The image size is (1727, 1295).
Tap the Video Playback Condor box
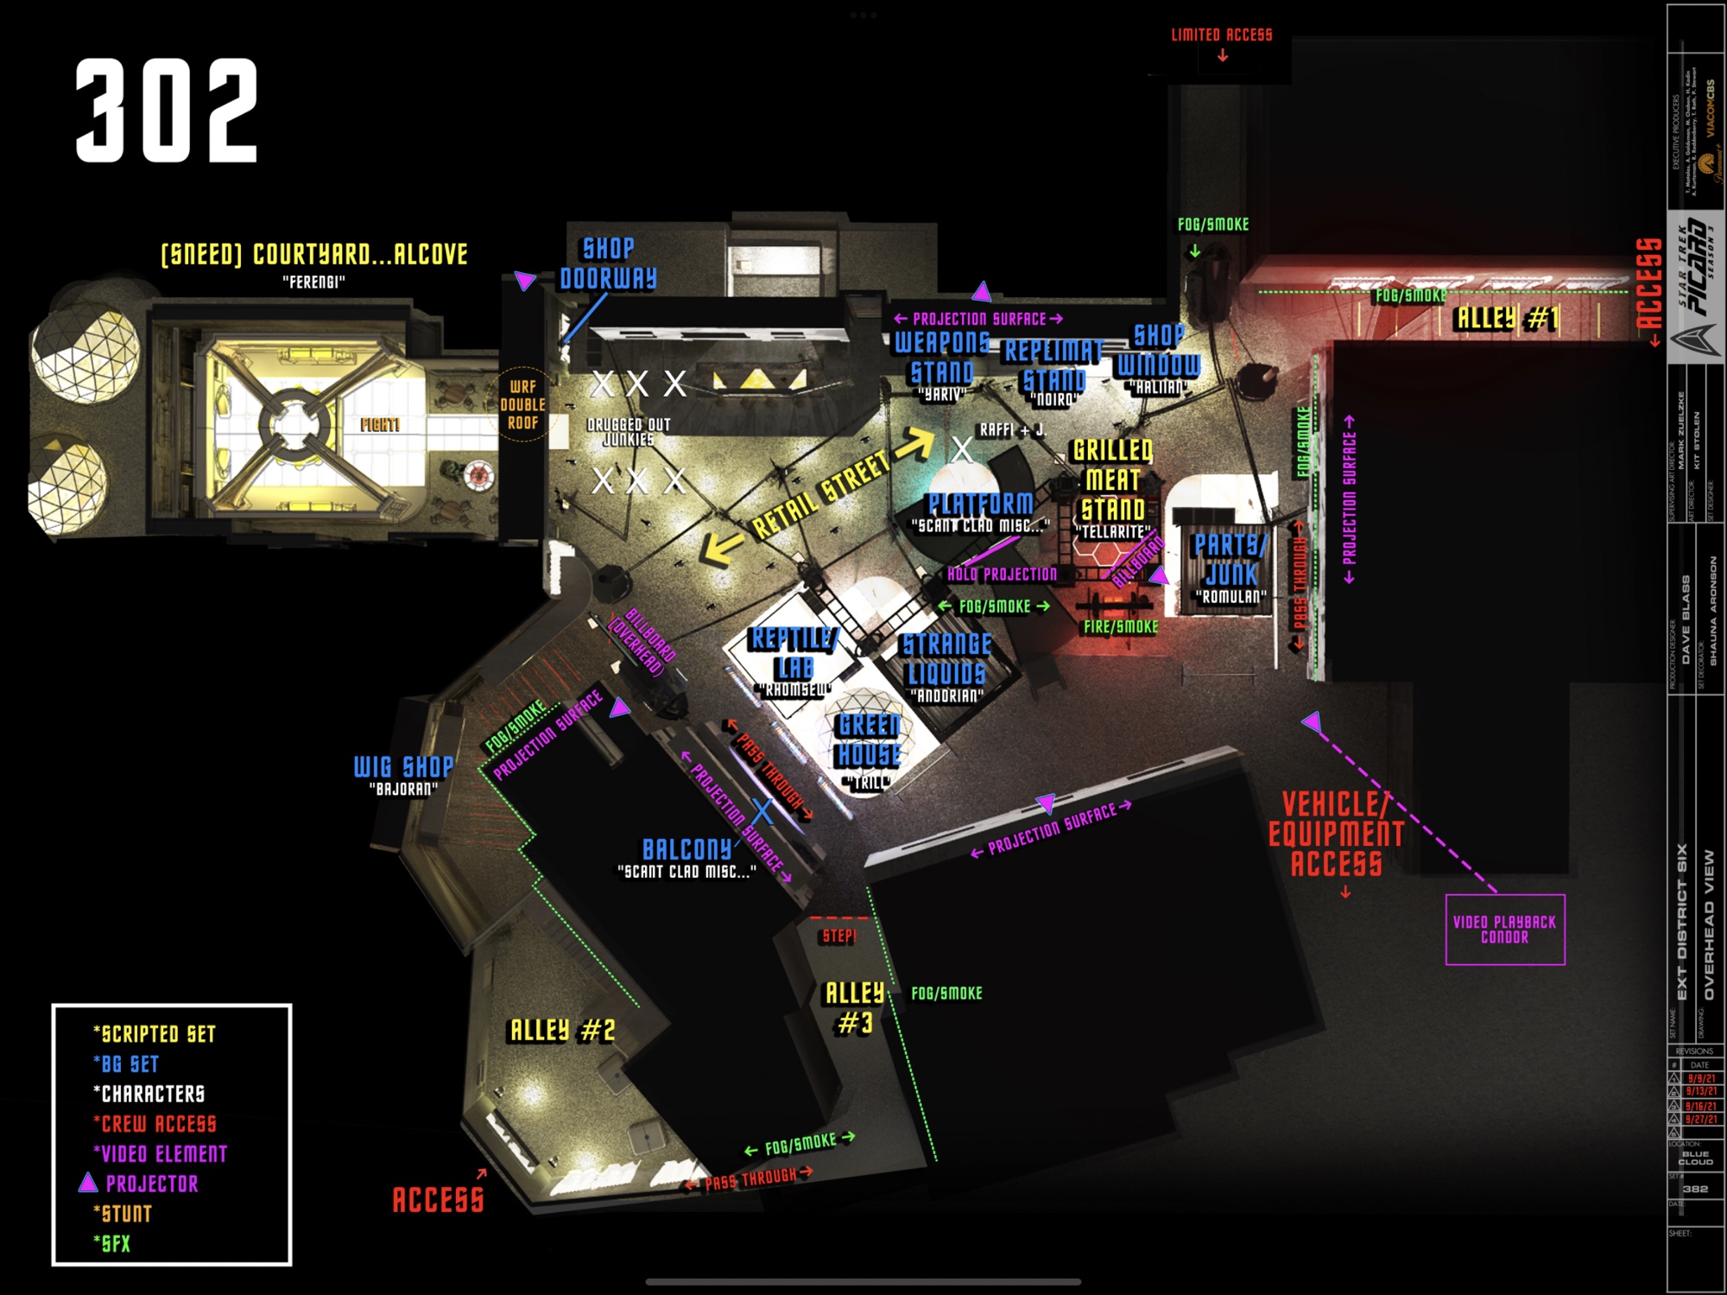[x=1504, y=930]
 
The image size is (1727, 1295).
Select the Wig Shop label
[x=403, y=767]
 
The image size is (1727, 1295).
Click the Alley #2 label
[x=562, y=1030]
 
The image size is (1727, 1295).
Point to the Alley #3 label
[x=854, y=1007]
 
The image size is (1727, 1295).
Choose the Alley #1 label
[x=1507, y=319]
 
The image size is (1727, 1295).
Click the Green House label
[x=869, y=740]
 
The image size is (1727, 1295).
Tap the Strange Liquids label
[x=946, y=659]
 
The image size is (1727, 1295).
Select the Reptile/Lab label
[x=793, y=653]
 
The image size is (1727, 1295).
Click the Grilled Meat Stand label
[x=1113, y=480]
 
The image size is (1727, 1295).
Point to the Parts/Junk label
[x=1230, y=559]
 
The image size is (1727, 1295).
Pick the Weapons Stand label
[x=942, y=358]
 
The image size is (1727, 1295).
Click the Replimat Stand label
[x=1053, y=365]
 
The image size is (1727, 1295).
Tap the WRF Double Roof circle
[x=522, y=404]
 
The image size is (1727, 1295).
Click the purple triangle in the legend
[x=88, y=1183]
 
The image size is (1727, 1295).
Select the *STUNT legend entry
[x=123, y=1214]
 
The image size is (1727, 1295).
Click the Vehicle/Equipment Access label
[x=1336, y=834]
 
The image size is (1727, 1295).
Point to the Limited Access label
[x=1221, y=35]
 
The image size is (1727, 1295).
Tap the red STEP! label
[x=838, y=936]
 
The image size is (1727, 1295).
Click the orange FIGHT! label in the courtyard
[x=380, y=424]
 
